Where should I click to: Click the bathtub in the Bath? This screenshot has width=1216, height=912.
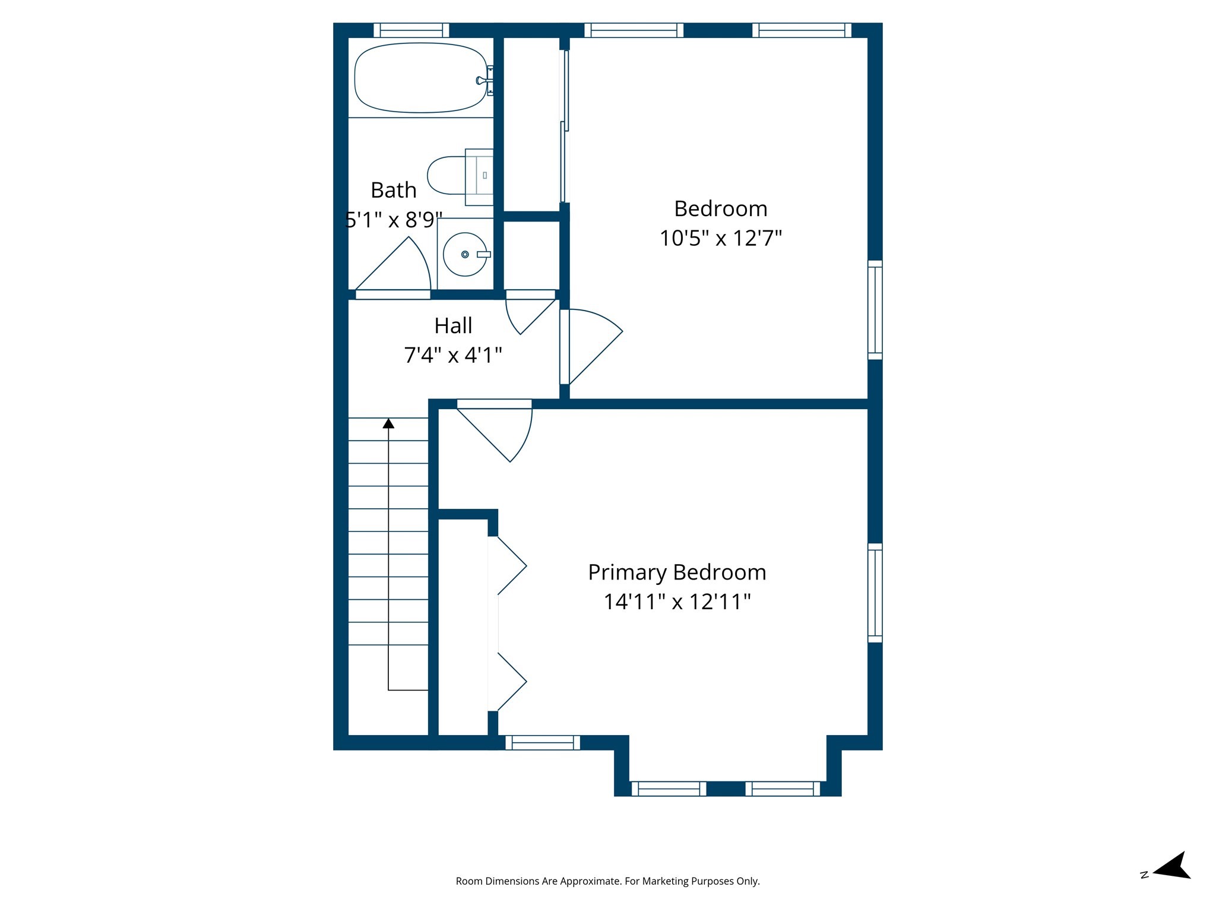pyautogui.click(x=420, y=78)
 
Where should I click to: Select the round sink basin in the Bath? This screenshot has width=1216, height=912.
pyautogui.click(x=465, y=254)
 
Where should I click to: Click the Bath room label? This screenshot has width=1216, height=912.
pyautogui.click(x=393, y=191)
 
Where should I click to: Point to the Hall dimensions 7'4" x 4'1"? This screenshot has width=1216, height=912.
pyautogui.click(x=453, y=355)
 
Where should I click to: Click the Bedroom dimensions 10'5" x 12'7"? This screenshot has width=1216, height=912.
pyautogui.click(x=720, y=239)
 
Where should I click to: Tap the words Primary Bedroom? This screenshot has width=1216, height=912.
pyautogui.click(x=677, y=572)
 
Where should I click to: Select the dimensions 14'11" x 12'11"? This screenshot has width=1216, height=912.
pyautogui.click(x=677, y=602)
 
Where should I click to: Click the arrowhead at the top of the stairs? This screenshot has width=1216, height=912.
pyautogui.click(x=388, y=423)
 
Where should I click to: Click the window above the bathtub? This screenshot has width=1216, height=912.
pyautogui.click(x=411, y=30)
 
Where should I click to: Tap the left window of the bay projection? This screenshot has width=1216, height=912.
pyautogui.click(x=669, y=788)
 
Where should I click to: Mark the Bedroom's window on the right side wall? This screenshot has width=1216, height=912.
pyautogui.click(x=875, y=309)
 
